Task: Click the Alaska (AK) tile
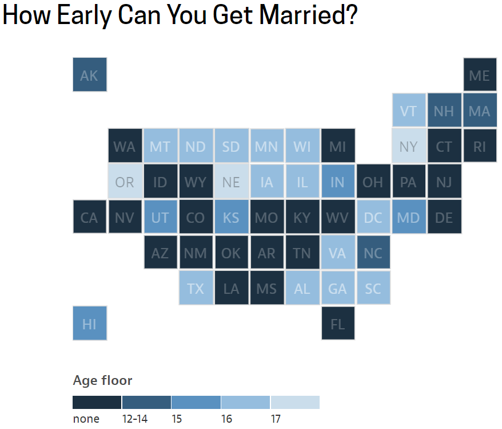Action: point(90,74)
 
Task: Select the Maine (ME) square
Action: point(480,74)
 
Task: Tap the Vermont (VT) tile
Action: point(409,111)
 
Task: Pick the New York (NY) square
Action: point(409,146)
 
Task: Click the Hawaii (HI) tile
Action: point(90,323)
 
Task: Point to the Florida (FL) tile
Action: point(338,323)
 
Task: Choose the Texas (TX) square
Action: point(196,288)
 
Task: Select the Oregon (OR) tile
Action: point(125,181)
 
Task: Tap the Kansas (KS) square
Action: point(232,217)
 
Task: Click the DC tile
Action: point(373,217)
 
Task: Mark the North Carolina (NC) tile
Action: point(373,253)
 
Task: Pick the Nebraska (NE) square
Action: point(232,181)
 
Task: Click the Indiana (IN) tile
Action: point(338,181)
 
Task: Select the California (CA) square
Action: point(90,217)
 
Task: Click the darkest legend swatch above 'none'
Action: point(97,402)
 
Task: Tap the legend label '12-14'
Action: point(135,419)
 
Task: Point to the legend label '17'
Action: point(276,419)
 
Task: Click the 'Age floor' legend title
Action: point(102,380)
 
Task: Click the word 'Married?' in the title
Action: point(308,15)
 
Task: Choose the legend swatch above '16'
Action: point(245,402)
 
